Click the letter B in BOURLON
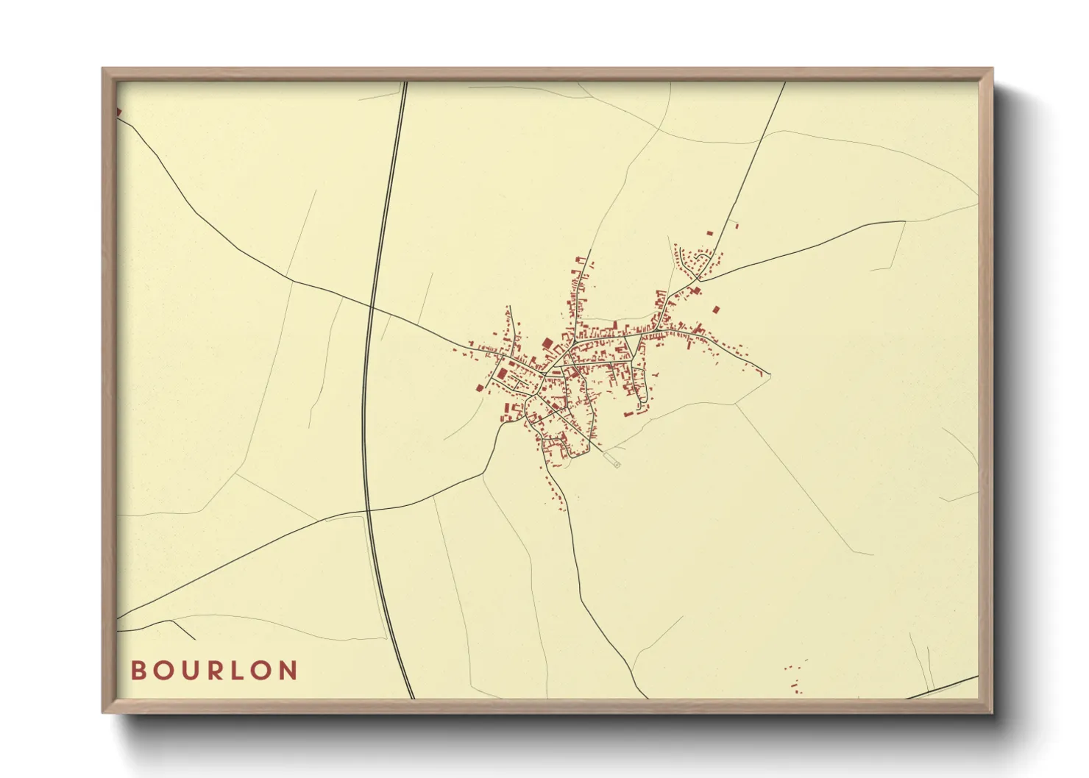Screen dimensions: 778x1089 pyautogui.click(x=138, y=671)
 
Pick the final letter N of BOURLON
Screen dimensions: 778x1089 pyautogui.click(x=288, y=671)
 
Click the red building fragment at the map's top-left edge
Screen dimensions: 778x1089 pyautogui.click(x=118, y=112)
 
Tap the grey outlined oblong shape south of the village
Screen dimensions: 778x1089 pyautogui.click(x=611, y=460)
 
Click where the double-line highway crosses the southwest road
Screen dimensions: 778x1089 pyautogui.click(x=367, y=510)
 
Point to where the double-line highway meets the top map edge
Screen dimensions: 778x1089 pyautogui.click(x=404, y=82)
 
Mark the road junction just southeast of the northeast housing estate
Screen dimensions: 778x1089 pyautogui.click(x=698, y=280)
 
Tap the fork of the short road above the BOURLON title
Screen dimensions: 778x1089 pyautogui.click(x=174, y=621)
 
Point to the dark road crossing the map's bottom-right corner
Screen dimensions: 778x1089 pyautogui.click(x=942, y=688)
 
